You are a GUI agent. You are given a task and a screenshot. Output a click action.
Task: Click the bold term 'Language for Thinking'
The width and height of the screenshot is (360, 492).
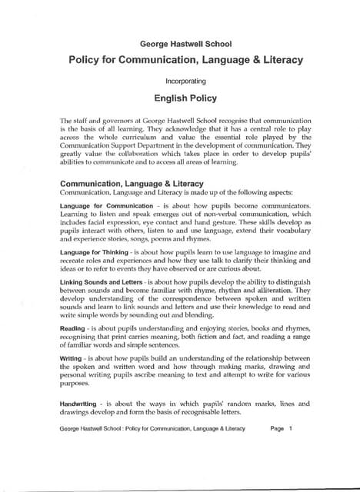pos(90,253)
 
